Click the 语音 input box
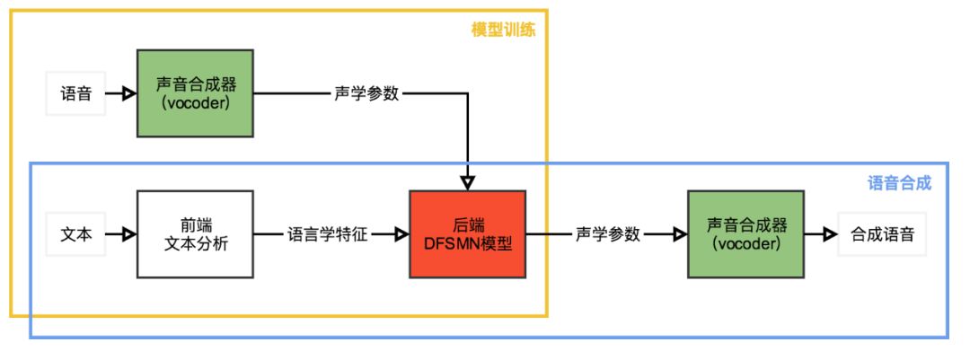75,93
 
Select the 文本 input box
75,234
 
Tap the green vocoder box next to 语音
195,93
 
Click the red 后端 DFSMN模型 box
467,234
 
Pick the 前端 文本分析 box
195,234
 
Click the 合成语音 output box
882,234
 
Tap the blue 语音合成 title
899,183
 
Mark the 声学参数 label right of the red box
608,234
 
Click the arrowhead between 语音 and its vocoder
129,93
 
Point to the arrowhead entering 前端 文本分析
129,234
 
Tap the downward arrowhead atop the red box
467,182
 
